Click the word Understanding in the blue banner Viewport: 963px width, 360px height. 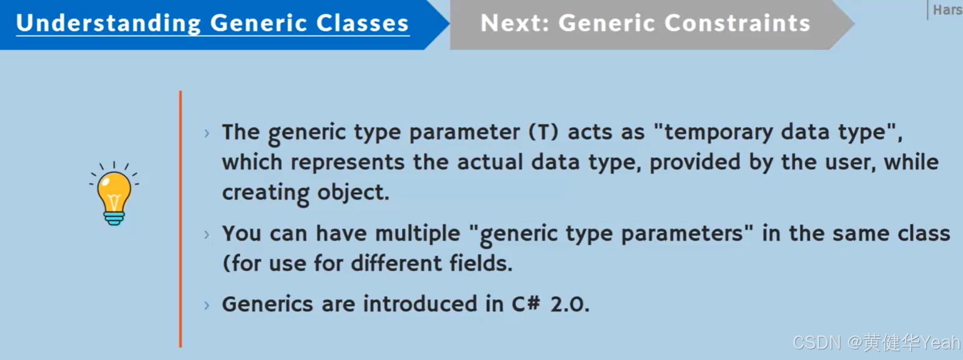coord(109,23)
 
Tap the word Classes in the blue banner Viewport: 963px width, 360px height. coord(363,23)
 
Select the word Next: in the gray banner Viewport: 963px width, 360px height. coord(514,23)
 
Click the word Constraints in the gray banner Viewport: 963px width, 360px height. coord(737,23)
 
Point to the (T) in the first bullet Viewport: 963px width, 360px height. coord(544,132)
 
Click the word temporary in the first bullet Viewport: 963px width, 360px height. coord(719,132)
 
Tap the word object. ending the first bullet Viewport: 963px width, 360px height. coord(353,192)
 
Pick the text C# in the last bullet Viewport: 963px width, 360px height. coord(526,304)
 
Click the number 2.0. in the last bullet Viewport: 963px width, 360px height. coord(570,304)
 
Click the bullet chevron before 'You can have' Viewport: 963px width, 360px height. coord(207,234)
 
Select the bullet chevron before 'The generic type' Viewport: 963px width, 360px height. coord(207,133)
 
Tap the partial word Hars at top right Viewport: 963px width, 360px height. coord(947,10)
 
